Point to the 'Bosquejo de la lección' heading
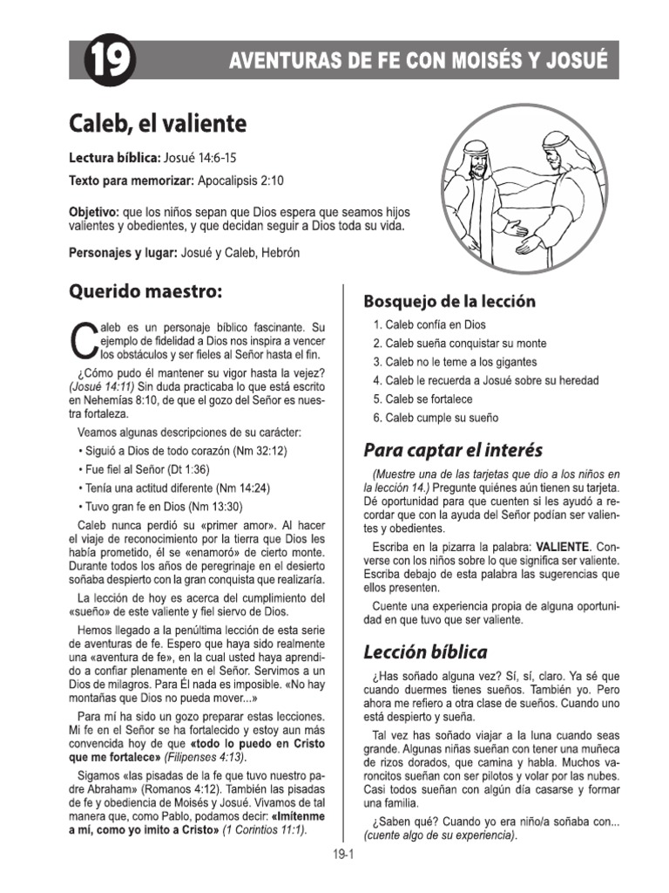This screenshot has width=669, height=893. [449, 301]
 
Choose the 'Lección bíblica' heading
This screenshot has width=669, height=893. [425, 651]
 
